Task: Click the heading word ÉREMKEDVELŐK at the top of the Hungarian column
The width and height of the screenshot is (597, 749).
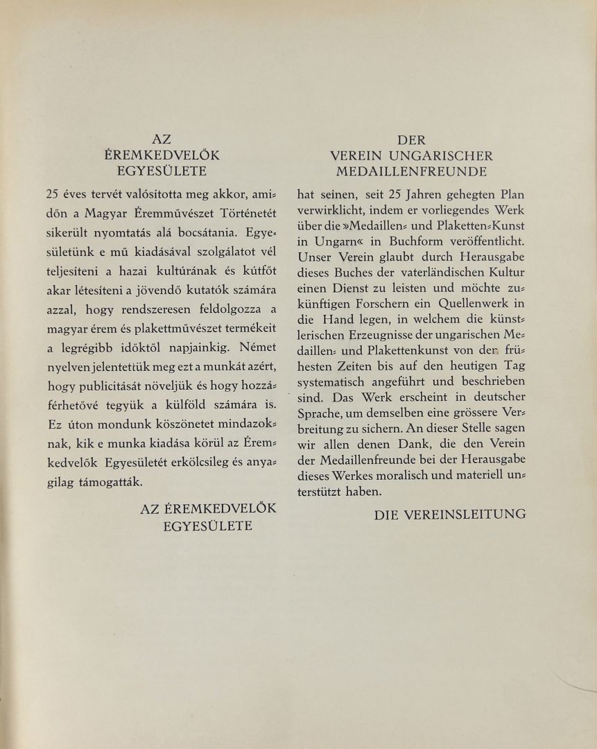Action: tap(162, 155)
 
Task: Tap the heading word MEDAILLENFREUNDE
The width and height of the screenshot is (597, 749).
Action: tap(411, 171)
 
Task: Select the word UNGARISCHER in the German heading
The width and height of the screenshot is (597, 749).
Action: tap(450, 155)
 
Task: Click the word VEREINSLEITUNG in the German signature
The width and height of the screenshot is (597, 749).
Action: tap(475, 514)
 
